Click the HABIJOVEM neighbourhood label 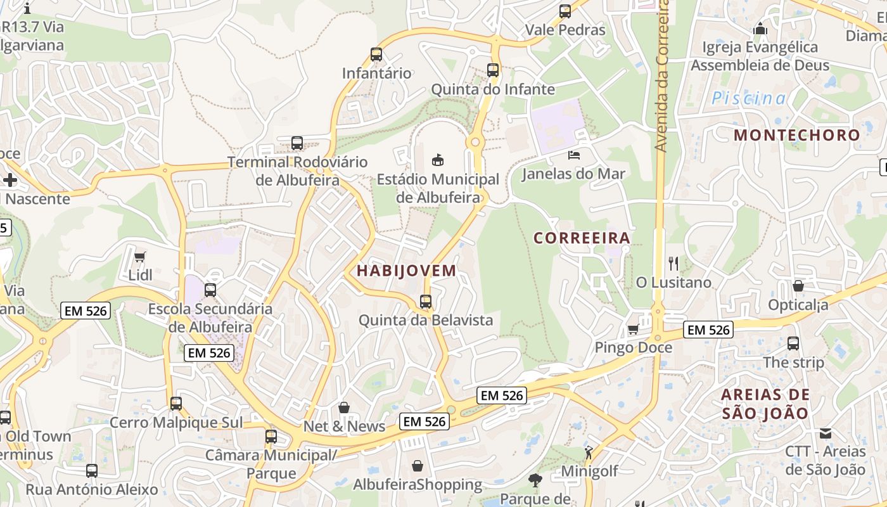click(x=406, y=271)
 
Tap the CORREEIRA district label click(x=582, y=238)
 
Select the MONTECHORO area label click(x=796, y=135)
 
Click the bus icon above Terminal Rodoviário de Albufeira click(x=297, y=143)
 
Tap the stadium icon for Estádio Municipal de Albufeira click(x=438, y=160)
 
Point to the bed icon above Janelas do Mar click(x=574, y=155)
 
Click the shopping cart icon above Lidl click(x=140, y=257)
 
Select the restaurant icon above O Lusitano click(x=673, y=263)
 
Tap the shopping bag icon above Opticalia click(x=798, y=286)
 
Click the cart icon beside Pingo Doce click(x=632, y=330)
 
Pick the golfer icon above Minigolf click(x=589, y=452)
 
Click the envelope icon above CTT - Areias click(x=825, y=433)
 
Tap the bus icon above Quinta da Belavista click(x=426, y=302)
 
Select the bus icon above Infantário click(x=376, y=55)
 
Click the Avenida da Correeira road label click(x=662, y=76)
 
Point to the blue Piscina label click(x=748, y=98)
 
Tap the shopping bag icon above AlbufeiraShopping click(x=418, y=466)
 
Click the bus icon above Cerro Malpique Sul click(x=176, y=404)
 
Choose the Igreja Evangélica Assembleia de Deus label click(x=760, y=56)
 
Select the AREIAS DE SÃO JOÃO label click(x=765, y=404)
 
